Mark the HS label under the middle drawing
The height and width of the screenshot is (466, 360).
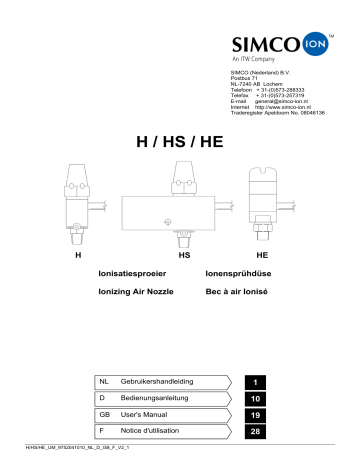[184, 256]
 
